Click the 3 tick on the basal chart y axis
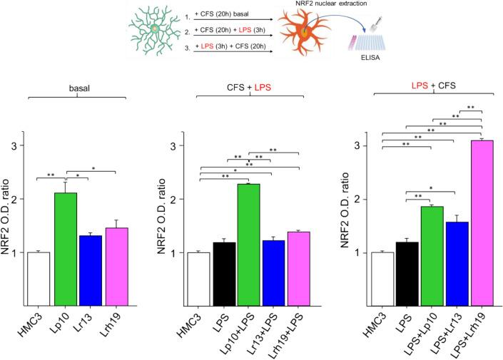click(16, 146)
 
